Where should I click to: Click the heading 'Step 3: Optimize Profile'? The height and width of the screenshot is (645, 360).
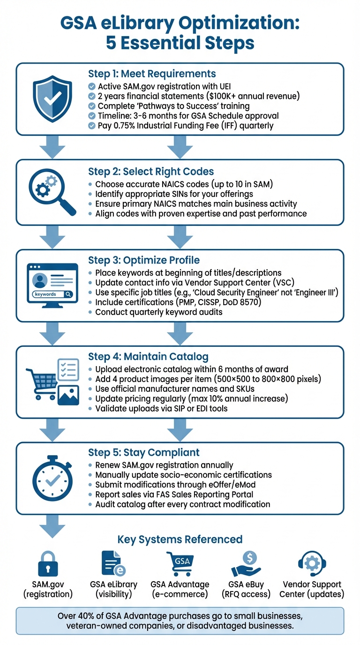click(144, 260)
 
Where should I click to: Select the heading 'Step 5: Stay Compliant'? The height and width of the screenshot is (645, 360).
click(144, 452)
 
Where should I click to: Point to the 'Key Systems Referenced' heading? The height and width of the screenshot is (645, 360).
click(180, 539)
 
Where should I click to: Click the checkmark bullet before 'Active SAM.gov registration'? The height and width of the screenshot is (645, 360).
click(91, 86)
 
